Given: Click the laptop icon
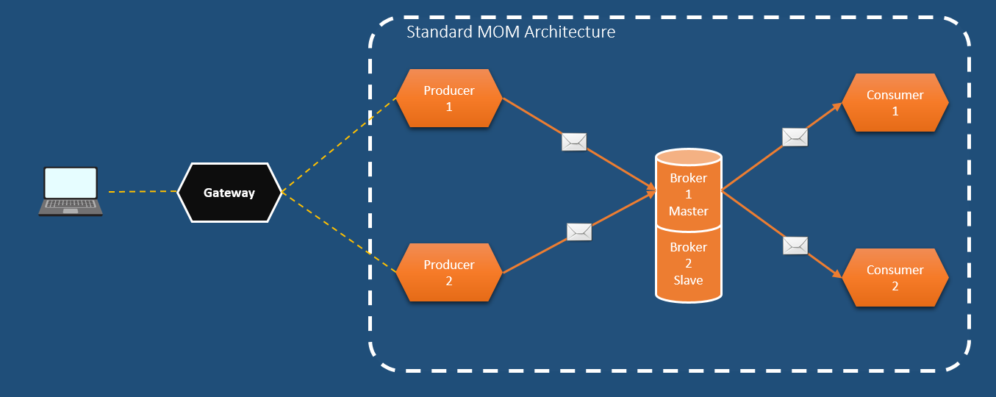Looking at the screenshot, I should coord(71,191).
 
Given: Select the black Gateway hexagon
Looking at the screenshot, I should coord(229,193).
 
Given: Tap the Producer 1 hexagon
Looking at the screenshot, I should coord(449,99).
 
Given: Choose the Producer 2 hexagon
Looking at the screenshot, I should coord(449,272).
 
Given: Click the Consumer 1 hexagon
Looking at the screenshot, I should coord(895,103).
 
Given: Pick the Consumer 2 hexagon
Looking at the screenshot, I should coord(895,278).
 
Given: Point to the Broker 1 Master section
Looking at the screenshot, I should coord(688,195).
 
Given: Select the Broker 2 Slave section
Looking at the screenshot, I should coord(688,263).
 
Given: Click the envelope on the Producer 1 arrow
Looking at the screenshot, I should coord(574,142).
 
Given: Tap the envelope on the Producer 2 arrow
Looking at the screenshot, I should coord(579,232).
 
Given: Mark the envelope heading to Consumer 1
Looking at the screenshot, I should coord(795,137).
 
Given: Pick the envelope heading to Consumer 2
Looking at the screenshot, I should coord(795,246).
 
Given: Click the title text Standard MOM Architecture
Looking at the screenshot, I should coord(511,32).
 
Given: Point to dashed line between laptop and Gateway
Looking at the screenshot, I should coord(142,192).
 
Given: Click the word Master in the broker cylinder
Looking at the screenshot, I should coord(688,211).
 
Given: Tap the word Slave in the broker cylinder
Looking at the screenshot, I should coord(688,280).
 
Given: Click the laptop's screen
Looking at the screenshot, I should coord(71,183).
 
